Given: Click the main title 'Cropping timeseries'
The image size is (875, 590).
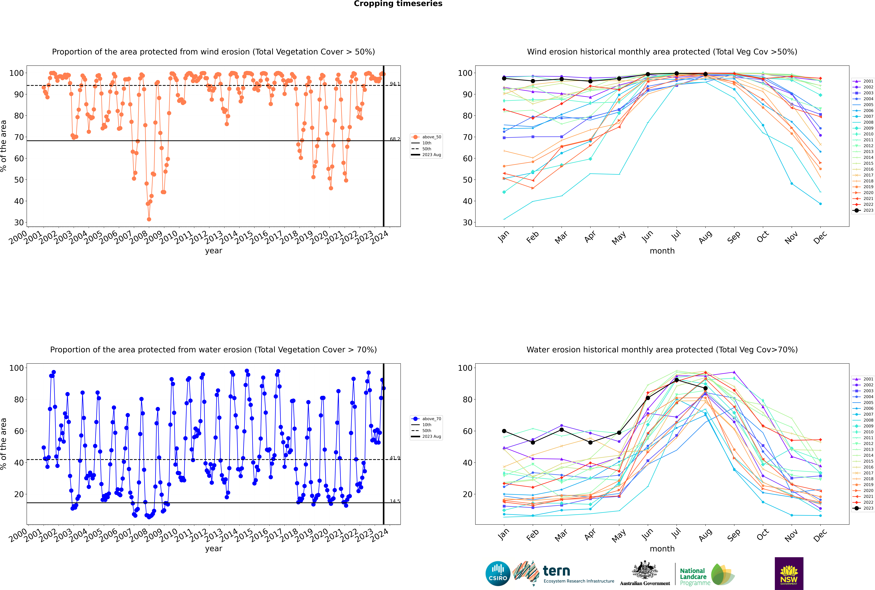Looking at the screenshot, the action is pos(398,4).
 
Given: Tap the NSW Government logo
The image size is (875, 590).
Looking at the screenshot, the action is pos(789,573).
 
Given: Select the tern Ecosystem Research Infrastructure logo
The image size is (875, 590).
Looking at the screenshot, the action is pos(563,573).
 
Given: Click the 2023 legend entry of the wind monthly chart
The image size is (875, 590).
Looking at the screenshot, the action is pos(863,210).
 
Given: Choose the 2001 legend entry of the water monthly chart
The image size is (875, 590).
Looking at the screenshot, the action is pos(863,379).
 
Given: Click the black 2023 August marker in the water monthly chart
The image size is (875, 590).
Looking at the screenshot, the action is pos(705,388).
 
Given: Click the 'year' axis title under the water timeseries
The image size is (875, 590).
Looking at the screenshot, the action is pos(214,549).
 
